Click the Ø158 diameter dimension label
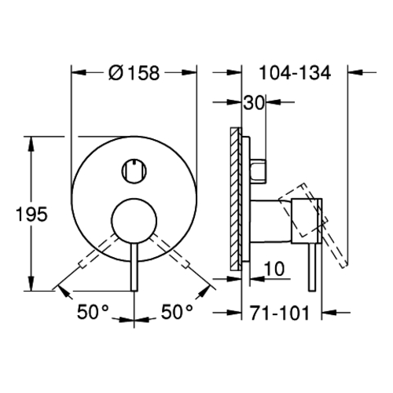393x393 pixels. (x=134, y=72)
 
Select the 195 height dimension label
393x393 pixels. (x=31, y=214)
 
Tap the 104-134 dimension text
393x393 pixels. (x=295, y=72)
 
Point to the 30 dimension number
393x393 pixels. (x=253, y=102)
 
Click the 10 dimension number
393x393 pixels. (x=274, y=269)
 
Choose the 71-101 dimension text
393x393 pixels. (x=280, y=313)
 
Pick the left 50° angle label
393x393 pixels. (x=93, y=312)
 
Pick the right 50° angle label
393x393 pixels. (x=177, y=312)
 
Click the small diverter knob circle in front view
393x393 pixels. (x=134, y=171)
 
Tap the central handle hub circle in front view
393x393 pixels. (x=134, y=221)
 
